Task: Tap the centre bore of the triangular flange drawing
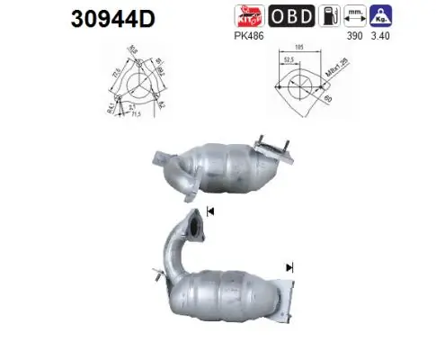click(137, 87)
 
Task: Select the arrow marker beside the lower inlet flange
click(211, 211)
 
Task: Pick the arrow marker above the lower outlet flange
click(290, 267)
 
